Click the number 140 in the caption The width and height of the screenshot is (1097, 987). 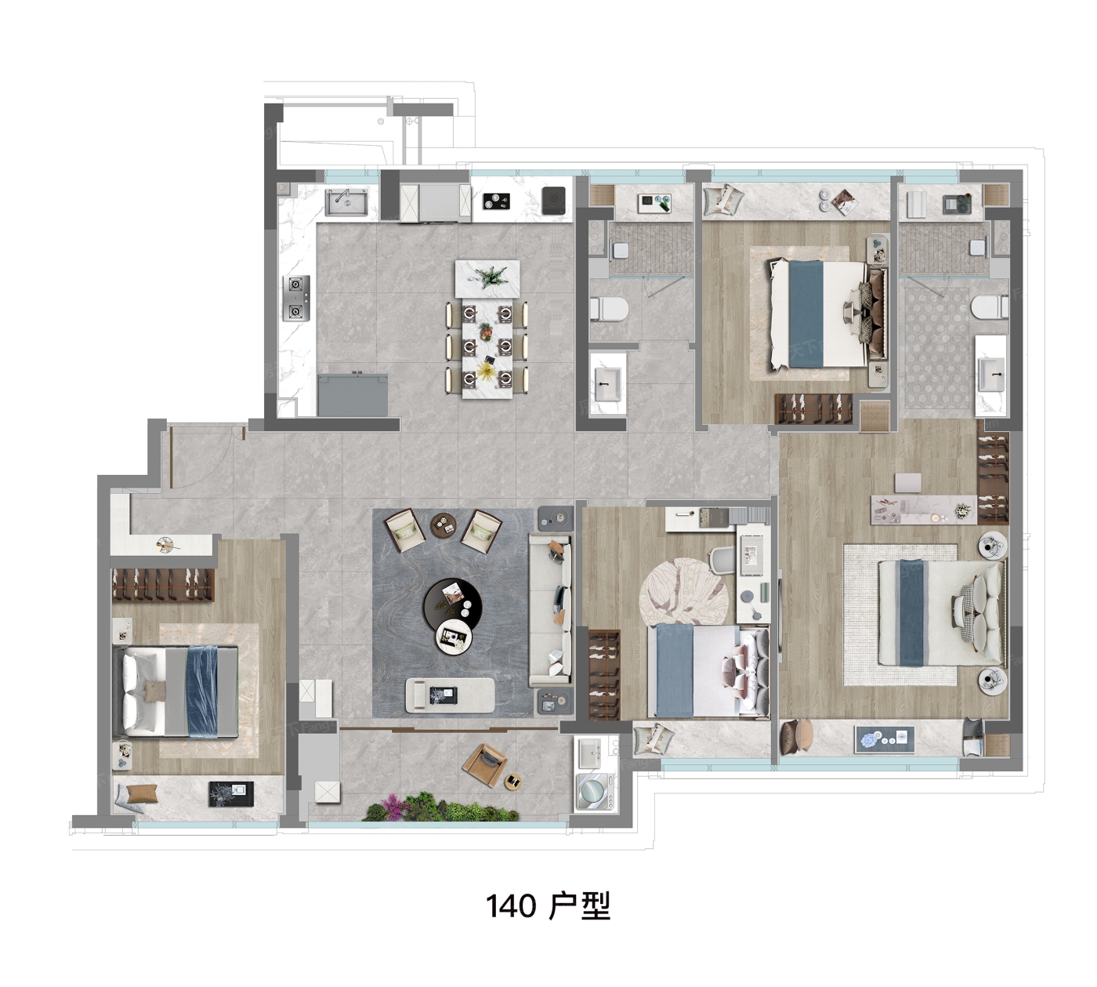tap(511, 907)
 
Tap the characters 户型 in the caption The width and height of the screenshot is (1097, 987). tap(579, 906)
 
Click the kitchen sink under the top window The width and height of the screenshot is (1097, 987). tap(346, 202)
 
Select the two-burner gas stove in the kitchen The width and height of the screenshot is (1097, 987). tap(296, 298)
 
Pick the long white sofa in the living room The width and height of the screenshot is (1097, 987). tap(550, 611)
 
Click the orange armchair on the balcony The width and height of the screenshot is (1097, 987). tap(484, 765)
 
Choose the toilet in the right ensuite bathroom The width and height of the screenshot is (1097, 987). tap(990, 307)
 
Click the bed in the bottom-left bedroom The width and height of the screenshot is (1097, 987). tap(175, 691)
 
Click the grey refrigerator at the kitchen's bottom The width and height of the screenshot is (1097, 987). tap(353, 395)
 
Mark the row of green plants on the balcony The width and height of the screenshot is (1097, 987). tap(441, 807)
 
